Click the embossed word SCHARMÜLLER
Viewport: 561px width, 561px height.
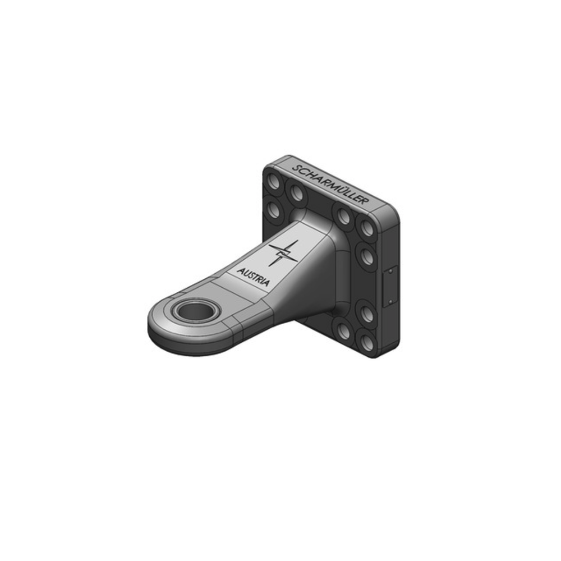tap(331, 186)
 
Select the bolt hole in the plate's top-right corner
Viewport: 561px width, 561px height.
tap(367, 228)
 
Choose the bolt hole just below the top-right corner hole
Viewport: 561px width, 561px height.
tap(367, 257)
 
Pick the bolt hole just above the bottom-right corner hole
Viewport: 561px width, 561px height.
tap(367, 314)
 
